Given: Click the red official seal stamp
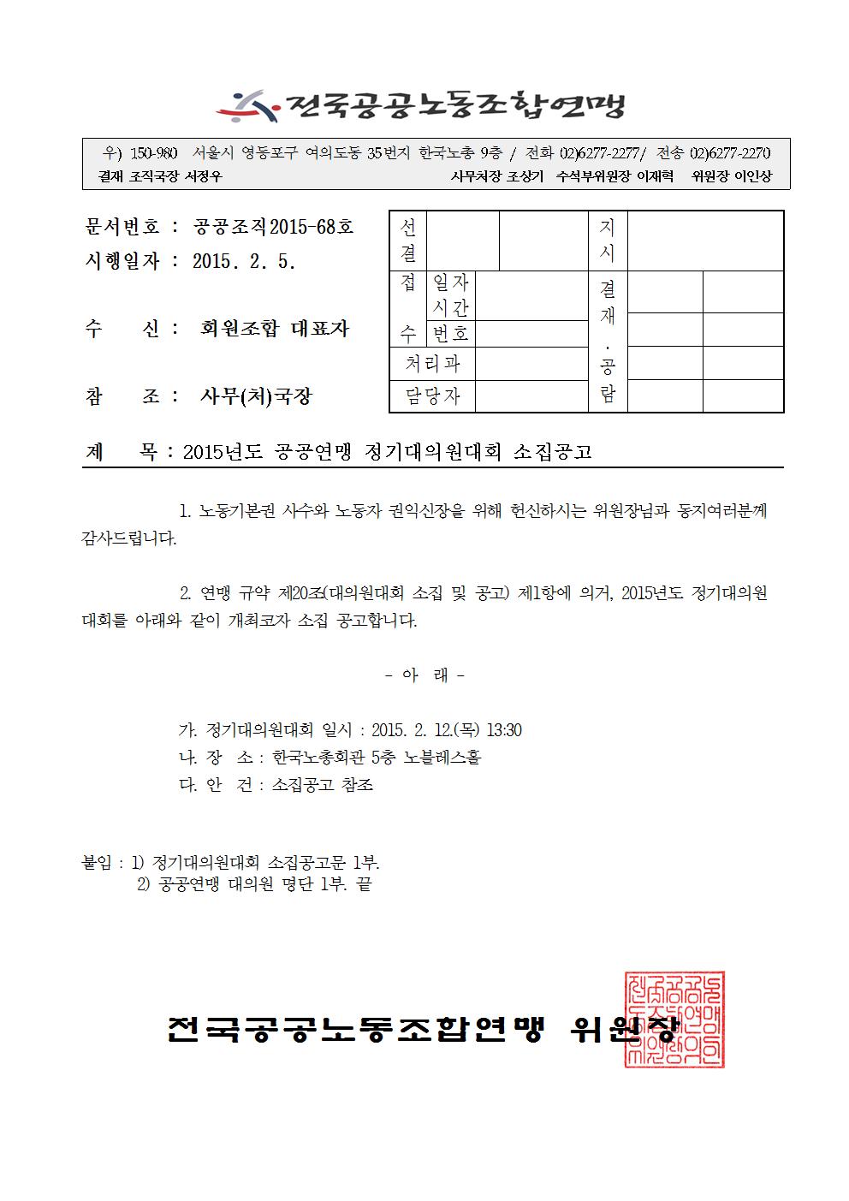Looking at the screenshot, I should (675, 1019).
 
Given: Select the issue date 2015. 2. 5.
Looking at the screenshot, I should (244, 262).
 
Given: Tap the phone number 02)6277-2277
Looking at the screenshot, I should (600, 154).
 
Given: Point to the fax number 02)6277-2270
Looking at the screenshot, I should (730, 154).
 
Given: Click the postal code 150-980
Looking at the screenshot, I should (154, 154).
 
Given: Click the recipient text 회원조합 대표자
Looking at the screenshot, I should (275, 329).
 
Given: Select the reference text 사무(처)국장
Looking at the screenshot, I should (256, 396).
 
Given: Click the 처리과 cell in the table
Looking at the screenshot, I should (432, 364).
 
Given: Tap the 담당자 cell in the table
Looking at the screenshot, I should (432, 396).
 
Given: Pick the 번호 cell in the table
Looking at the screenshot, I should (451, 333).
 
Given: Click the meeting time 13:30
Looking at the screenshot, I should (504, 730).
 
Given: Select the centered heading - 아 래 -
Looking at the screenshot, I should (424, 675).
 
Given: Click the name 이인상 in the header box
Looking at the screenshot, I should (754, 176).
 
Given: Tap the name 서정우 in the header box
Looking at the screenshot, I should (204, 176).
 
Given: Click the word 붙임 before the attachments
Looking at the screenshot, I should (97, 863).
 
